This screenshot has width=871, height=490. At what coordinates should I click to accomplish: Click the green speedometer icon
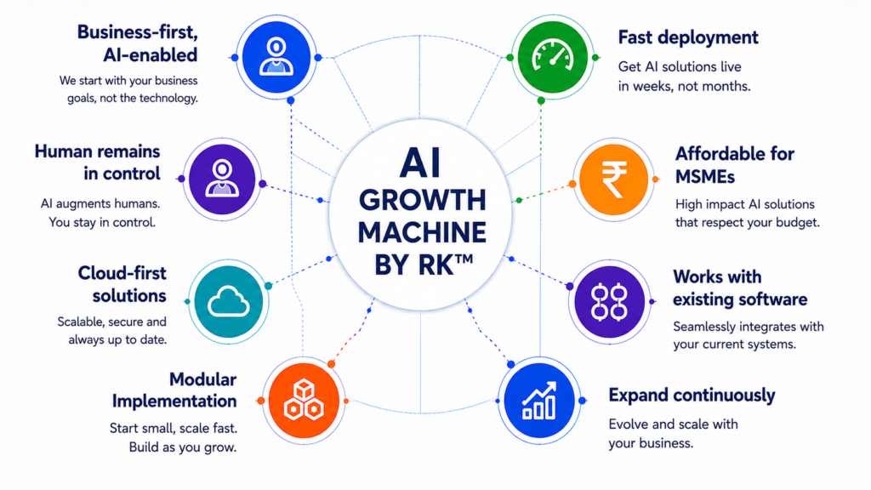(553, 57)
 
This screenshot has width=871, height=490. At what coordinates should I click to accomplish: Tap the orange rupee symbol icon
(614, 179)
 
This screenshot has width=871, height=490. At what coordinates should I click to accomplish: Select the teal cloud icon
(228, 302)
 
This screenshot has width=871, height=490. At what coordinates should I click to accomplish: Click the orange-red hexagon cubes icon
(304, 401)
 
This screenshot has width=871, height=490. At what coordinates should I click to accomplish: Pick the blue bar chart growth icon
(539, 401)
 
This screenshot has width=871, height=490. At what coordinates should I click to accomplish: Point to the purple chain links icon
(609, 302)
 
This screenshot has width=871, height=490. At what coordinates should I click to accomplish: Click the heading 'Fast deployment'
(687, 37)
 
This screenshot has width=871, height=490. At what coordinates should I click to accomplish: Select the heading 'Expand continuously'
(692, 396)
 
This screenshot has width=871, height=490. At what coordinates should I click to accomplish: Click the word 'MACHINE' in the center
(422, 233)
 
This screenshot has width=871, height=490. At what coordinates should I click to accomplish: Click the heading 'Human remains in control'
(97, 162)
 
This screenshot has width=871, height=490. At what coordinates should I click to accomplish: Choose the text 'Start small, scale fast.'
(173, 429)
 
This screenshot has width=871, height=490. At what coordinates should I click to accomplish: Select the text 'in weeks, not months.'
(685, 86)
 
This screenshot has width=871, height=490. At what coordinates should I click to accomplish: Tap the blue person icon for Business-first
(276, 57)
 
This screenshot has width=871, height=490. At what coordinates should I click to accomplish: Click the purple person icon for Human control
(222, 179)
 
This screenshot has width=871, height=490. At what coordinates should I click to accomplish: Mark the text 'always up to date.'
(117, 339)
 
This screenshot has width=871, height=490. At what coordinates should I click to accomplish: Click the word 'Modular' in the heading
(202, 379)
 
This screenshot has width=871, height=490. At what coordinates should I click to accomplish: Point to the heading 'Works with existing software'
(740, 288)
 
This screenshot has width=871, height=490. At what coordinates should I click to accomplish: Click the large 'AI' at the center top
(420, 163)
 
